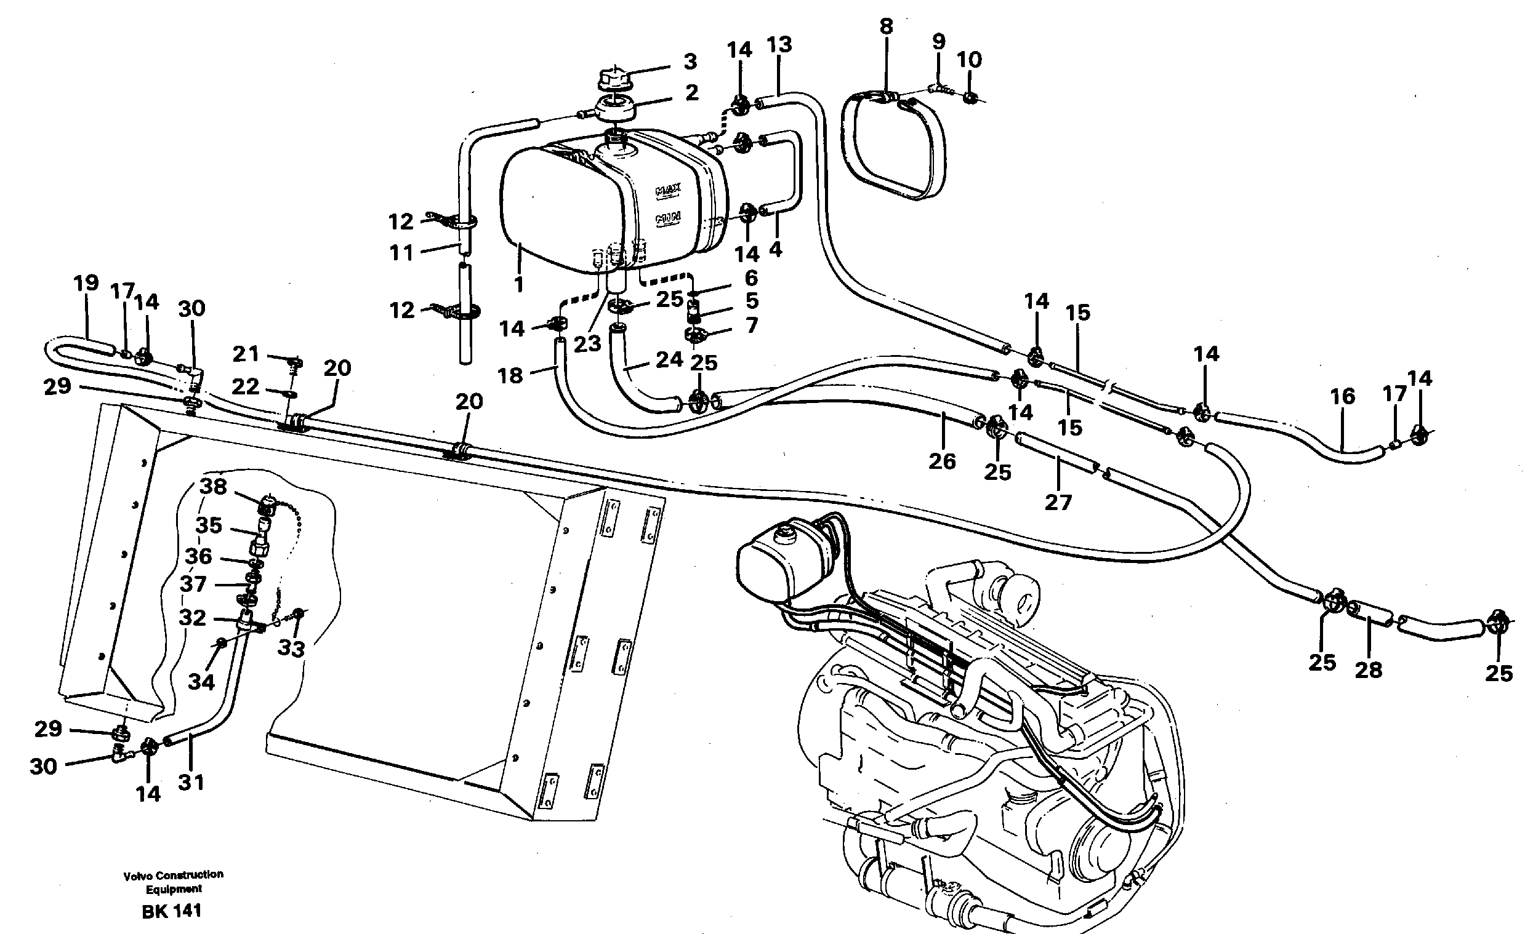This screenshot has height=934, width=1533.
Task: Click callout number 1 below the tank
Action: click(519, 284)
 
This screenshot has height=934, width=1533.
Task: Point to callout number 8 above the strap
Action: click(886, 26)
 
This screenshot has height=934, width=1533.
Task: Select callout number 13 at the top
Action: click(779, 44)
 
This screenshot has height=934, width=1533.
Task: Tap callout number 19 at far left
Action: click(86, 283)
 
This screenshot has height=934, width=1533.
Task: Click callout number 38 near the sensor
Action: click(213, 486)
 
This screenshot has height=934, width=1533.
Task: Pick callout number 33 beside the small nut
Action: click(291, 649)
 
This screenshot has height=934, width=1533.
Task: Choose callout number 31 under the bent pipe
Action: click(191, 782)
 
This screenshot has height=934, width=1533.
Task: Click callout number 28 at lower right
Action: click(1368, 669)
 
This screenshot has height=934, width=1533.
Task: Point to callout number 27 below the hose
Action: click(1058, 502)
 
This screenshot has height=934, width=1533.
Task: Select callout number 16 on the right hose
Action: click(1342, 396)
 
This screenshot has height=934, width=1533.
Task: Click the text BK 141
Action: click(172, 912)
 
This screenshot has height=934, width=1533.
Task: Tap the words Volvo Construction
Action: click(173, 874)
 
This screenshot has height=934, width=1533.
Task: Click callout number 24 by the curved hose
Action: click(669, 359)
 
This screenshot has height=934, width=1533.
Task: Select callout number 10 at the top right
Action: click(968, 60)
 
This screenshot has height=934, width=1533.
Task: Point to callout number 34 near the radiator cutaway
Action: click(201, 682)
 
